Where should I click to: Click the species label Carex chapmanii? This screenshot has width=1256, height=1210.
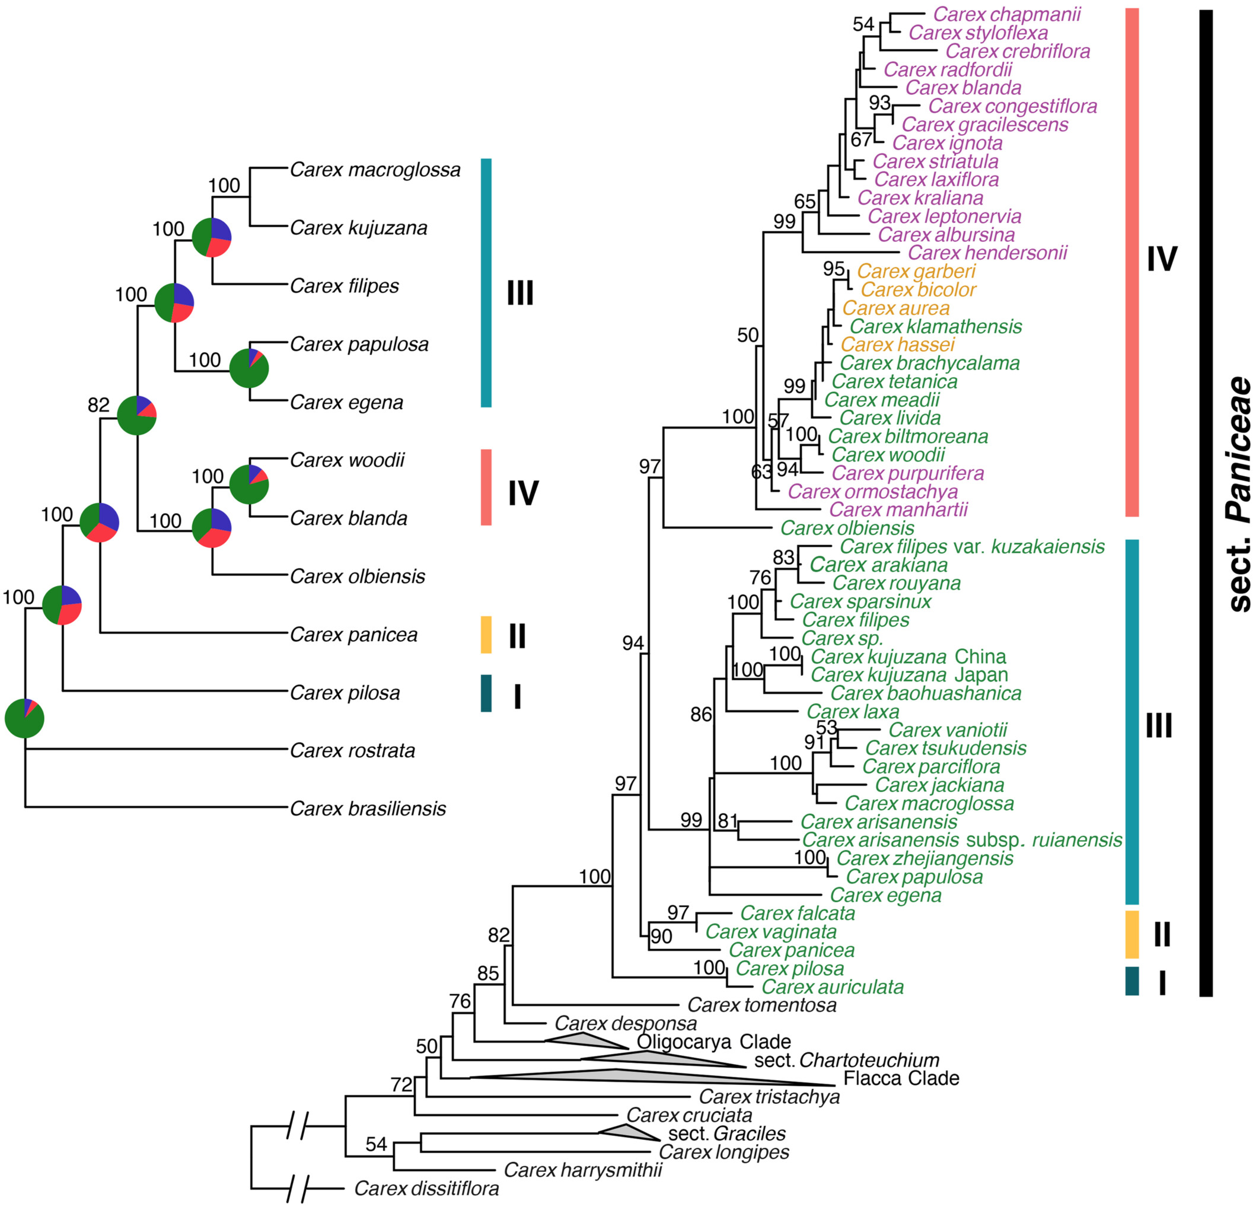(x=1007, y=14)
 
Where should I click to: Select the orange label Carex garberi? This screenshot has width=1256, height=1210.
(x=916, y=271)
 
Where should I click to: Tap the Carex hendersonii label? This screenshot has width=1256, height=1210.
(x=987, y=253)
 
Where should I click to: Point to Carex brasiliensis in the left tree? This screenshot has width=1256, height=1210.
(x=368, y=808)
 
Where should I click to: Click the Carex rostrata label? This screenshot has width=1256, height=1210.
(x=352, y=750)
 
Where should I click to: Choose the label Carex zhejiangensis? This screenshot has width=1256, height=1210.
(x=925, y=858)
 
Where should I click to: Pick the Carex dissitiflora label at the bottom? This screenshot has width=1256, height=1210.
(x=426, y=1188)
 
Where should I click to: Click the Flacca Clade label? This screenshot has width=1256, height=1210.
(x=901, y=1078)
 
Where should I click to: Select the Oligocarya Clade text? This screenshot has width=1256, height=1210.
(x=713, y=1042)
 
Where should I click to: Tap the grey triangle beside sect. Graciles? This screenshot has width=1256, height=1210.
(x=628, y=1132)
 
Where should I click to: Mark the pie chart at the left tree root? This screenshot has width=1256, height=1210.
(x=24, y=718)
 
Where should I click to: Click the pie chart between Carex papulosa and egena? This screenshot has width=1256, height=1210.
(x=248, y=368)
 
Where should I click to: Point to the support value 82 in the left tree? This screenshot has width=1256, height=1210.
(x=98, y=405)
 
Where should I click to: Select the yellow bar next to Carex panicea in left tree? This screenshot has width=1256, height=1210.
(x=486, y=635)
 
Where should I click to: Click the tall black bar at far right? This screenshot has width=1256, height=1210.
(x=1206, y=503)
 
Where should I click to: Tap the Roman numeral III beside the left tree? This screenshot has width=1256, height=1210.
(x=519, y=293)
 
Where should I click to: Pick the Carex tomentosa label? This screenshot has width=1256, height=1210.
(x=762, y=1005)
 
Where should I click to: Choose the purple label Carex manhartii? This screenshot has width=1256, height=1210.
(x=898, y=510)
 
